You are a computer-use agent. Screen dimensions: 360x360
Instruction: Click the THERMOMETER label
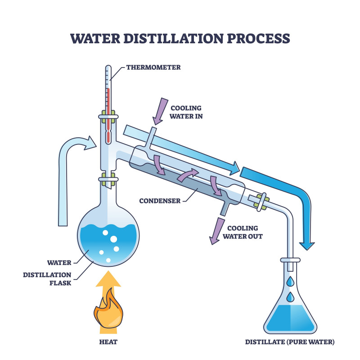pos(153,67)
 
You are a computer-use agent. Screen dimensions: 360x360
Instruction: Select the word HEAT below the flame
pos(108,342)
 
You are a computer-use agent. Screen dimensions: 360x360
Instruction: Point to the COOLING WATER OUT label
pos(245,232)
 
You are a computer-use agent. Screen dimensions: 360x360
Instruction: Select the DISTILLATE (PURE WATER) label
pos(290,342)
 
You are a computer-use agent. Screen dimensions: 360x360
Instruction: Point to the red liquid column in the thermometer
pos(108,108)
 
